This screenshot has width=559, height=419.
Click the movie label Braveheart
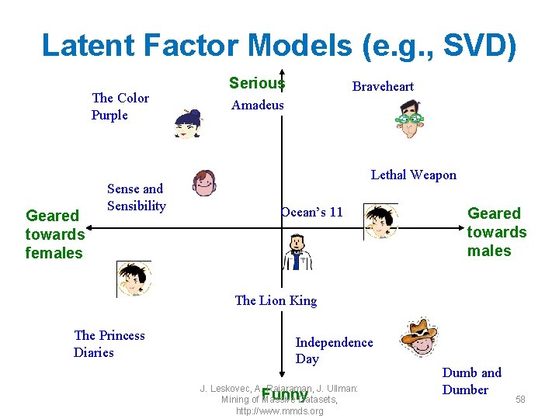point(383,86)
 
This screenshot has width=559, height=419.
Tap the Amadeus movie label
point(258,105)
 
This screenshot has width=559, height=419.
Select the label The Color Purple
point(120,106)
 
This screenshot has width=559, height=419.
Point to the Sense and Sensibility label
point(136,197)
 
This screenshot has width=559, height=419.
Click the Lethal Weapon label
point(413,175)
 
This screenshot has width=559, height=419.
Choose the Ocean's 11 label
point(311,212)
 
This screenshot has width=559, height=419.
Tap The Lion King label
point(276,300)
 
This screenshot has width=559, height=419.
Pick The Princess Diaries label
point(109,344)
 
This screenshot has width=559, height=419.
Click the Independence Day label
point(334,350)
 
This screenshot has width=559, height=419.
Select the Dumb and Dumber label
point(471,381)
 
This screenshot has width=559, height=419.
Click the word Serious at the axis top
point(256,83)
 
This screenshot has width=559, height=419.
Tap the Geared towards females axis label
point(54,234)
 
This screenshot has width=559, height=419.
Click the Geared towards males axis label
point(496,232)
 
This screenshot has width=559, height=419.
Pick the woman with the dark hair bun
point(188,123)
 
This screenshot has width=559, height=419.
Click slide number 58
point(520,400)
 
